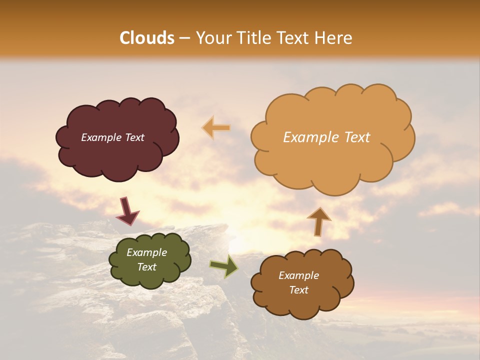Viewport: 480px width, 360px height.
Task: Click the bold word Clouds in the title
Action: point(147,38)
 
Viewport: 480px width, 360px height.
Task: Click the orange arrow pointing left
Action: point(216,128)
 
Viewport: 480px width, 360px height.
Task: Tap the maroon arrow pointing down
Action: point(127,211)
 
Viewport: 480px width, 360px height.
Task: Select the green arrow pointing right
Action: point(224,266)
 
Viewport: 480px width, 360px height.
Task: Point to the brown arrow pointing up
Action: point(318,221)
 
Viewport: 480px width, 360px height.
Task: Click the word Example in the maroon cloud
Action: point(101,137)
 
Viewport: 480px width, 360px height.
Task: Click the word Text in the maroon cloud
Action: point(134,137)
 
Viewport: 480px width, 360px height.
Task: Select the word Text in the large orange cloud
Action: point(357,137)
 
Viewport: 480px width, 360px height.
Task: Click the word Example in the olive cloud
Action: point(146,252)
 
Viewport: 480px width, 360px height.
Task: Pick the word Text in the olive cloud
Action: point(146,267)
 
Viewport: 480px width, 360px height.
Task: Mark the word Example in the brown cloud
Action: point(298,275)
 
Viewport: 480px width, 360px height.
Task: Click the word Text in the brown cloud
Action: point(298,290)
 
